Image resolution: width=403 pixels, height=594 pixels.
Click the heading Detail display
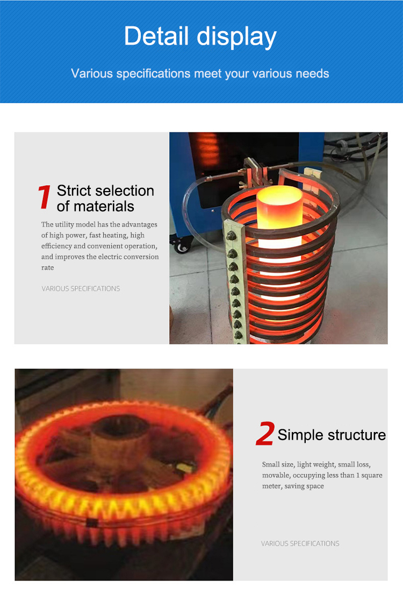coord(200,37)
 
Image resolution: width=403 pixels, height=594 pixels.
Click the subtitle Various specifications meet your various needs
coord(200,73)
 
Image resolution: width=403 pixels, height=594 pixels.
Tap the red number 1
coord(45,197)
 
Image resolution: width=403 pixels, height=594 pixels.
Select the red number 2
coord(265,434)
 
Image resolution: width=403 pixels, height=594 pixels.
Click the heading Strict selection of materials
coord(105,198)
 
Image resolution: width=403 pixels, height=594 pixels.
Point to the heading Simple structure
coord(332,435)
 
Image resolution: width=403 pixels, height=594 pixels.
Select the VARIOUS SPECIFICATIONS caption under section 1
coord(81,289)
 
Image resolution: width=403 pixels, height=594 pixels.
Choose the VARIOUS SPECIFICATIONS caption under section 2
coord(300,543)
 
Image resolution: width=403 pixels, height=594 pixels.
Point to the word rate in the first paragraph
coord(48,267)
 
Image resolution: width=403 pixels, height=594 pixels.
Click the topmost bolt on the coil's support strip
coord(232,236)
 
